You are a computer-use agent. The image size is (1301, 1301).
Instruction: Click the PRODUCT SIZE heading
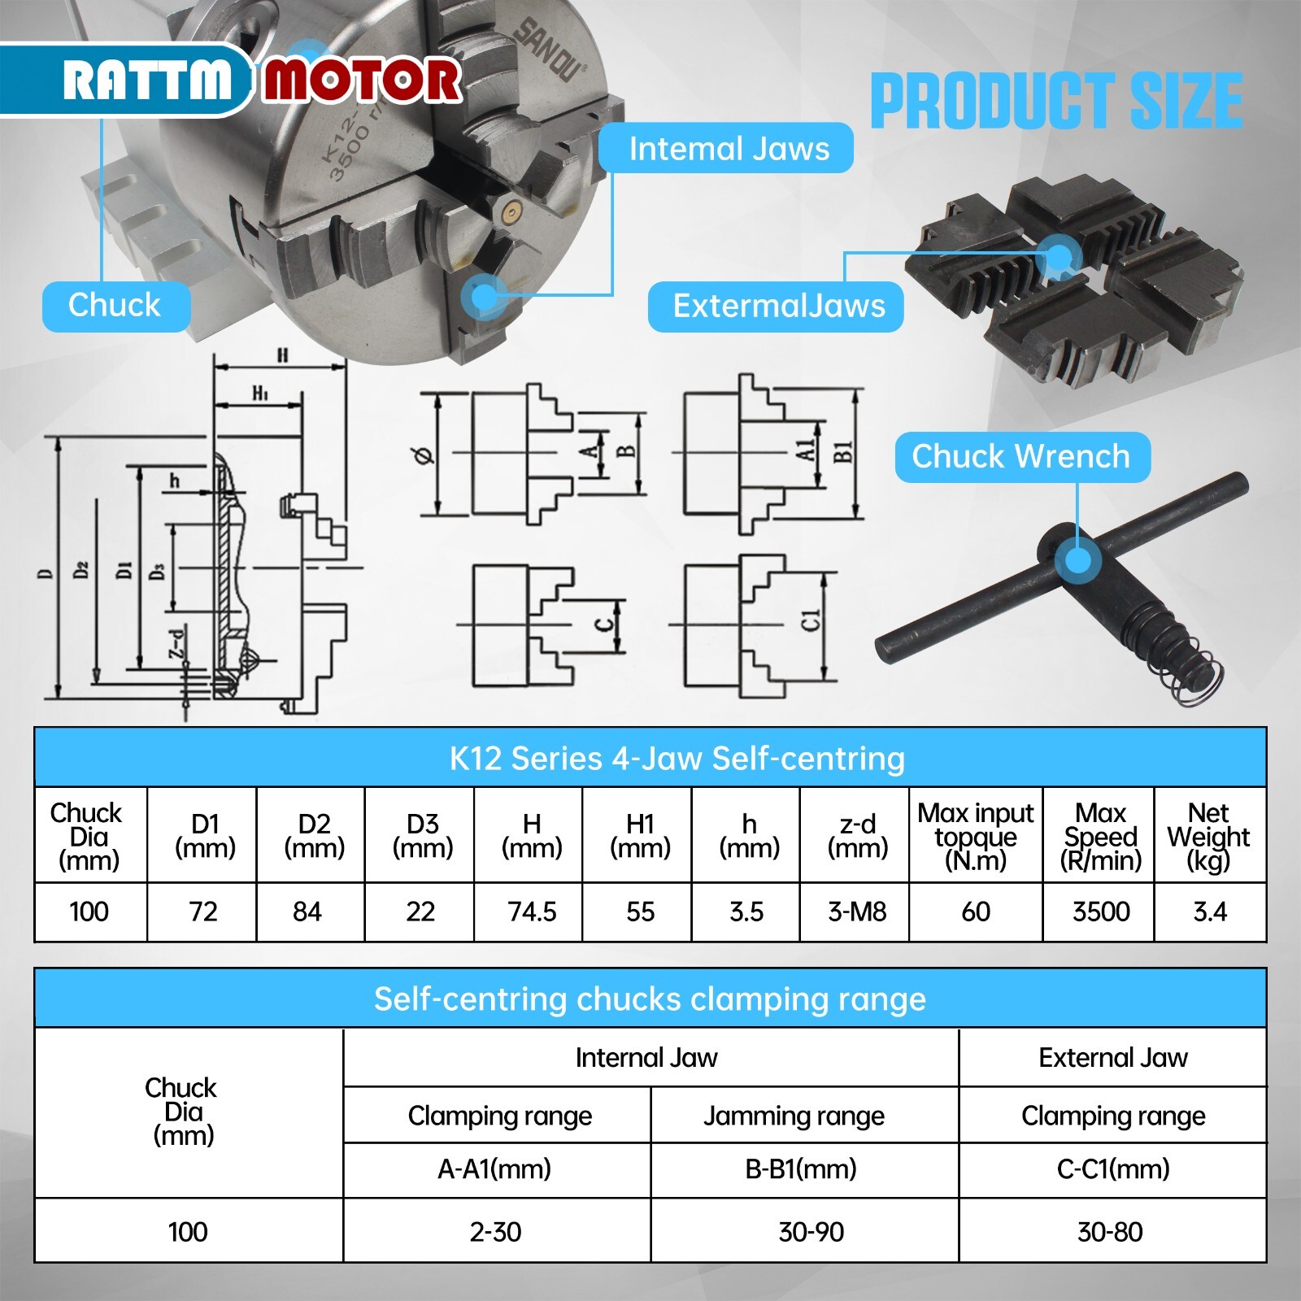pos(1056,101)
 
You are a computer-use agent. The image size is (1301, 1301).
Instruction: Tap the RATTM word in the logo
pos(147,81)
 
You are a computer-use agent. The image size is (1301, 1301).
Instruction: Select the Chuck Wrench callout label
pos(1021,457)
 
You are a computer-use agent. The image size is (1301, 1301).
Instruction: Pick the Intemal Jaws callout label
pos(726,149)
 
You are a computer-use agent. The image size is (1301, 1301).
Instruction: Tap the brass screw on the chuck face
pos(510,212)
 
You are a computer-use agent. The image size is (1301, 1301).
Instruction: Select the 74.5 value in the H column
pos(532,912)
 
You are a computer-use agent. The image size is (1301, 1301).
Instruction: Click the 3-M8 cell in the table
pos(857,912)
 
